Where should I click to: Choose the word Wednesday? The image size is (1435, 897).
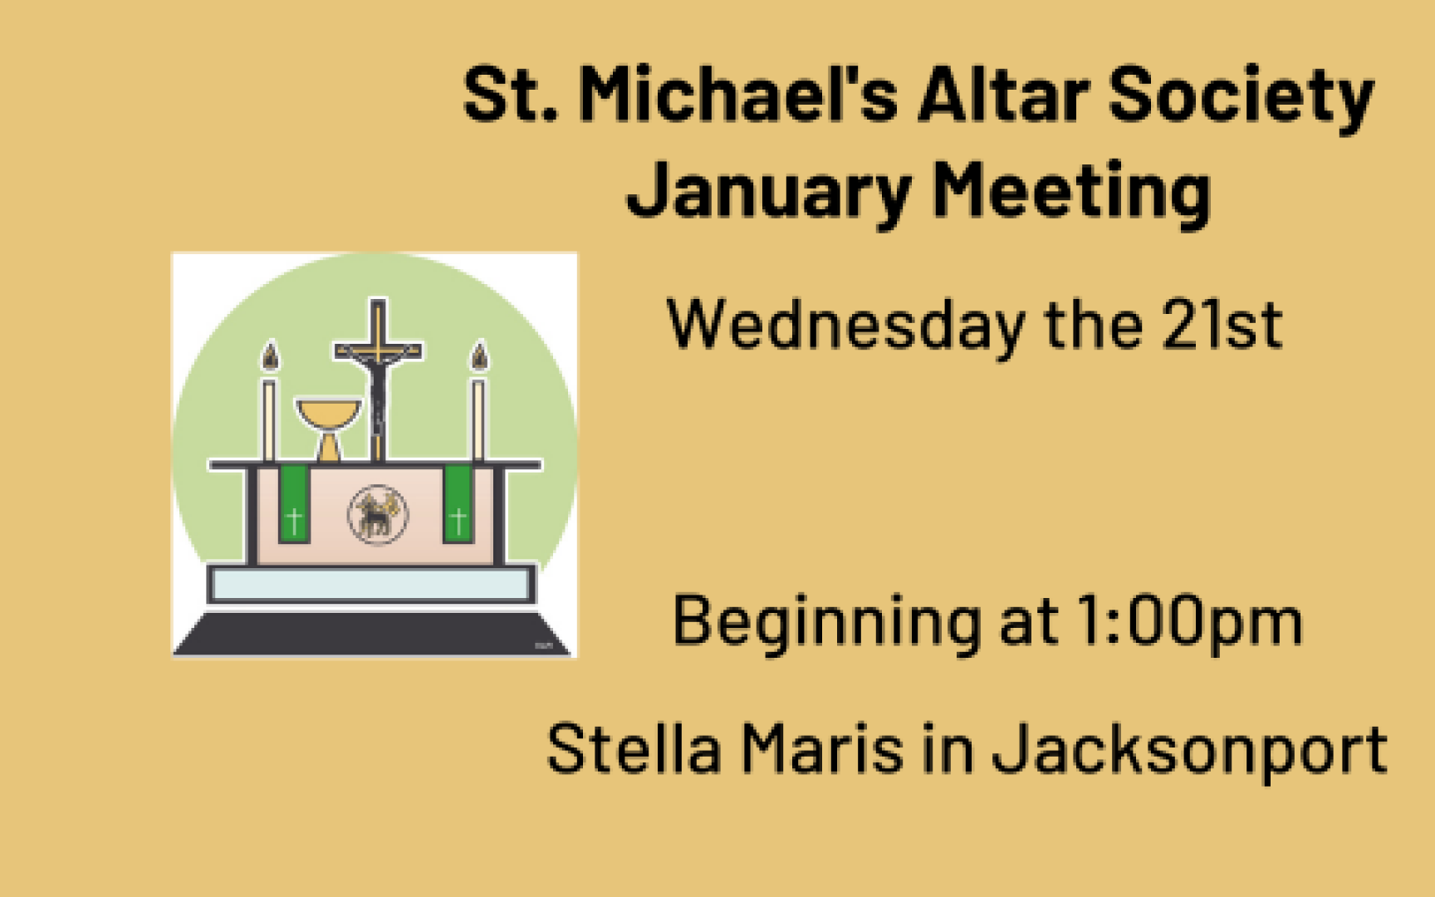tap(846, 326)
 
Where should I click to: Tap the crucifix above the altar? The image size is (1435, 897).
tap(378, 379)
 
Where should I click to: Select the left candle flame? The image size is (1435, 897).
tap(270, 356)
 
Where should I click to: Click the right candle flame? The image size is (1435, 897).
tap(479, 356)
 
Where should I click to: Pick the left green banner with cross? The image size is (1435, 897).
tap(293, 504)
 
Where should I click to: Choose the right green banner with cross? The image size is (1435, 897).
tap(458, 504)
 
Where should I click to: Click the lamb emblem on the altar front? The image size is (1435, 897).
tap(377, 514)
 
